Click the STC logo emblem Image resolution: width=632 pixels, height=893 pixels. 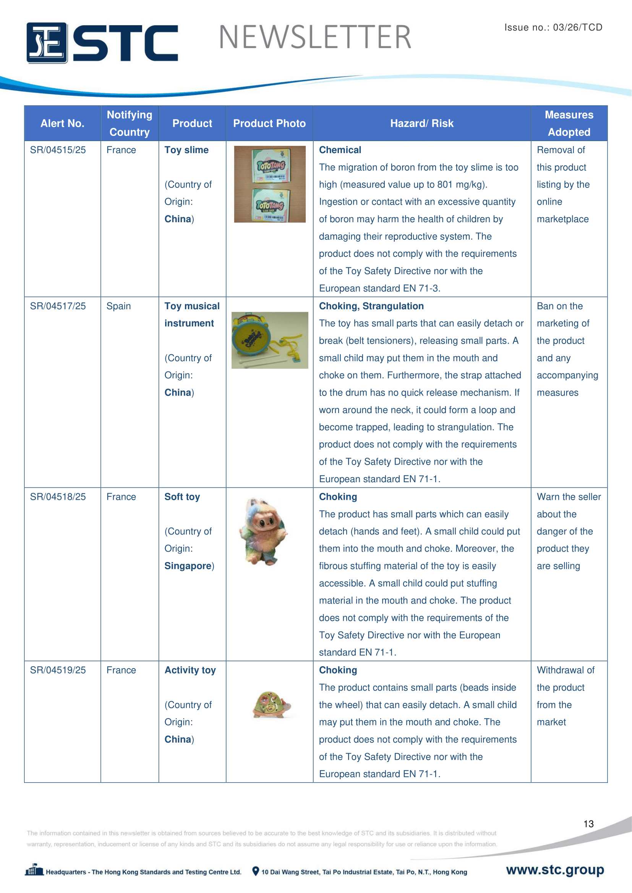47,43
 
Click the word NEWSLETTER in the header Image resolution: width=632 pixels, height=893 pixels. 315,37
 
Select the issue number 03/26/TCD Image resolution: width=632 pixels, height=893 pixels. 577,27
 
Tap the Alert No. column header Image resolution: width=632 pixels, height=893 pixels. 62,123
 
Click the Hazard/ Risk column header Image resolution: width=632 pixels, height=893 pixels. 421,123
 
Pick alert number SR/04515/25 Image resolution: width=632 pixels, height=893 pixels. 58,150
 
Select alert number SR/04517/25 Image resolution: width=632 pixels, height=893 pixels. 58,306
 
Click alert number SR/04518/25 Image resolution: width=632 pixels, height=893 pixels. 58,497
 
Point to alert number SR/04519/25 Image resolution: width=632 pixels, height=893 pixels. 58,670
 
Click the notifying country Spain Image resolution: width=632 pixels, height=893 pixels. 119,306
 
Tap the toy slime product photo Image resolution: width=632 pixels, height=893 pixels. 270,184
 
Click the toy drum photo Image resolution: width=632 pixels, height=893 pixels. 270,340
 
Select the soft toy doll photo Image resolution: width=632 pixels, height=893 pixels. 265,532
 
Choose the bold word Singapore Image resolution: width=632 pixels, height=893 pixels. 188,566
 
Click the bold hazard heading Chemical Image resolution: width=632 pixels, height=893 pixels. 340,150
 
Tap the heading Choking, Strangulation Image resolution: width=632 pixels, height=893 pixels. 371,306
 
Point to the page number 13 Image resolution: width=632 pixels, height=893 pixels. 588,824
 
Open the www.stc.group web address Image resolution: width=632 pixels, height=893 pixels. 555,870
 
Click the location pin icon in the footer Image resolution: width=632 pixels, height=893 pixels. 256,871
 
